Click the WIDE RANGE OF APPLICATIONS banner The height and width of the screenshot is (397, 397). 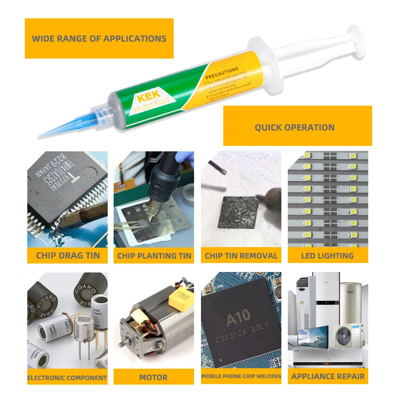pyautogui.click(x=99, y=38)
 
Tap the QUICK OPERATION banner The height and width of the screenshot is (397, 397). pyautogui.click(x=294, y=128)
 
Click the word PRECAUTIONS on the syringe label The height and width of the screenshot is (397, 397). pyautogui.click(x=222, y=70)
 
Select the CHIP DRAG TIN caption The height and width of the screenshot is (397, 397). pyautogui.click(x=67, y=256)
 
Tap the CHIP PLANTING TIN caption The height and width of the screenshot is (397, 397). pyautogui.click(x=154, y=256)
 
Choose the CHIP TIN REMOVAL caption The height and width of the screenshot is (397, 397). pyautogui.click(x=241, y=256)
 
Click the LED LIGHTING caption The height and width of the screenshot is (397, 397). pyautogui.click(x=328, y=256)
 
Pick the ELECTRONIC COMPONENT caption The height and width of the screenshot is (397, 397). pyautogui.click(x=67, y=378)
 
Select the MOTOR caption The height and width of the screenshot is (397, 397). pyautogui.click(x=153, y=377)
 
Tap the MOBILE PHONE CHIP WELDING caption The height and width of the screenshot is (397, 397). pyautogui.click(x=241, y=376)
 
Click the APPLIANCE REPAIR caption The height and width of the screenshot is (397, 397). pyautogui.click(x=328, y=376)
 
